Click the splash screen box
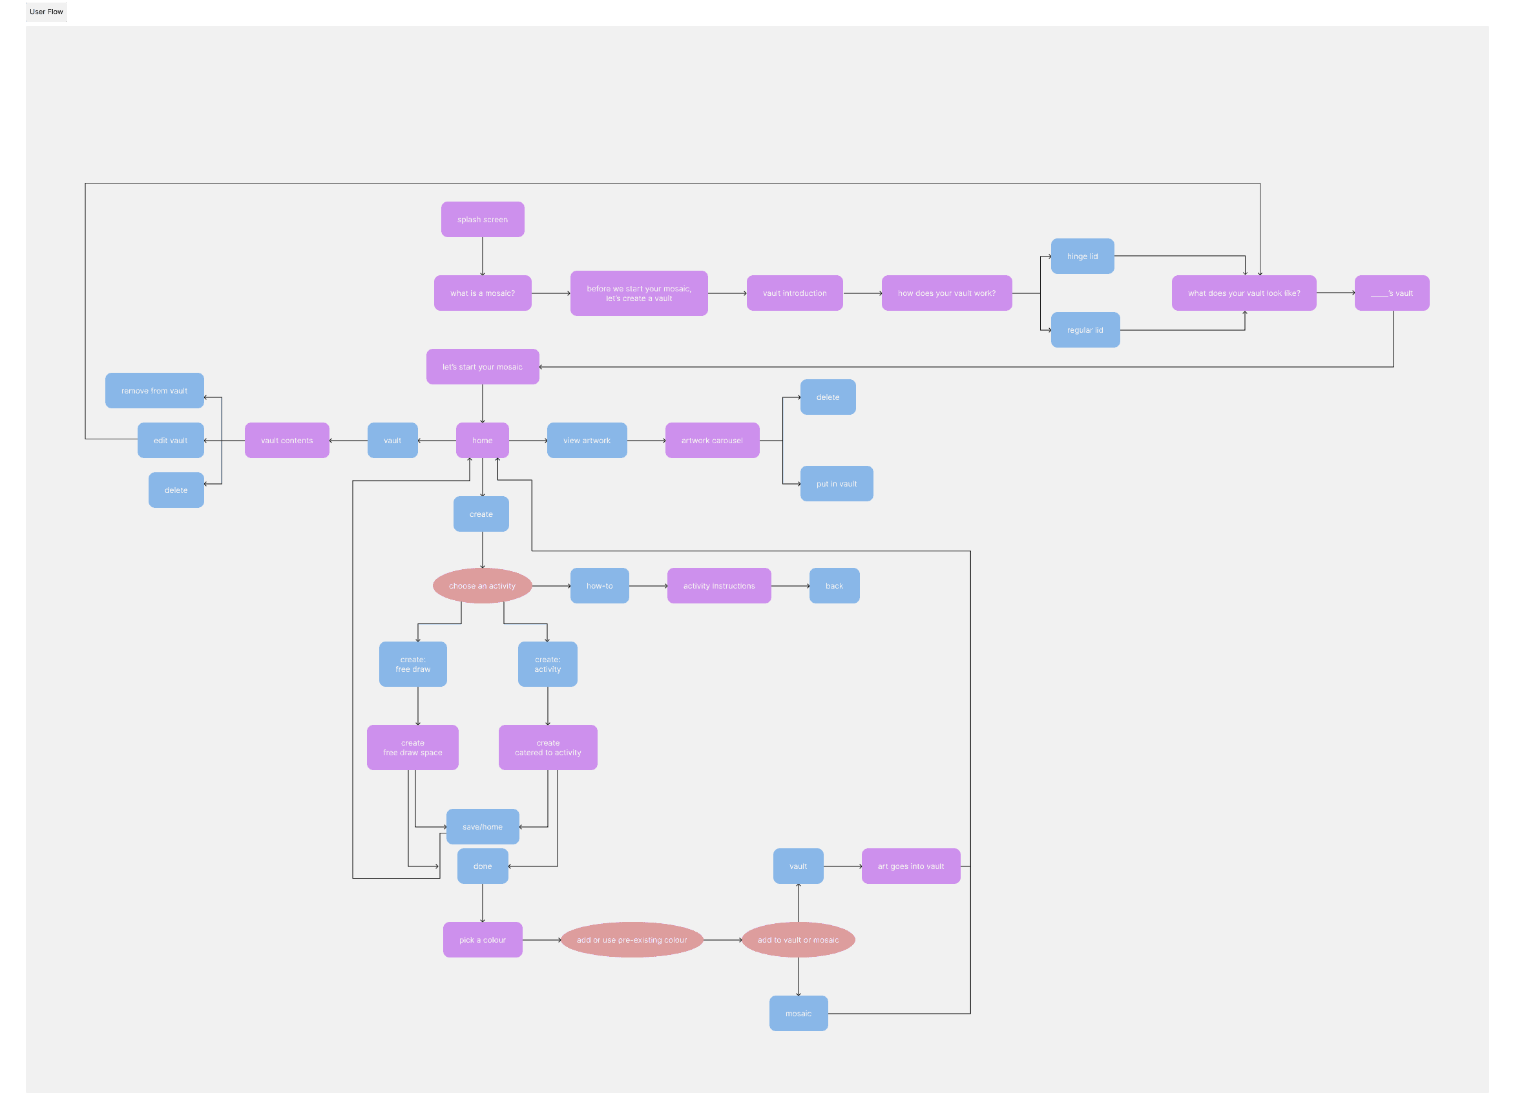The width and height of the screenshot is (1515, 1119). tap(482, 220)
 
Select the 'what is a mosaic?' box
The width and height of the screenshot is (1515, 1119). tap(482, 293)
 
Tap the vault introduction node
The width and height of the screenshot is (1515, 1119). tap(795, 293)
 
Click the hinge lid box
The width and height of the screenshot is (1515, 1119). tap(1082, 256)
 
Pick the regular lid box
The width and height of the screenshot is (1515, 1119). tap(1085, 330)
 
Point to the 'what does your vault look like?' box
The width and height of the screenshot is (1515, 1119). tap(1244, 293)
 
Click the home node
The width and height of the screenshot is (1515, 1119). tap(482, 440)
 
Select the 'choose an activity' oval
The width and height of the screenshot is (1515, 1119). tap(482, 586)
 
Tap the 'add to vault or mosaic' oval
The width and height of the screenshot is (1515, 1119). tap(798, 939)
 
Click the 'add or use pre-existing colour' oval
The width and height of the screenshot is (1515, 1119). tap(632, 939)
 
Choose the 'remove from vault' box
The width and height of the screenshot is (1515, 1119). tap(154, 391)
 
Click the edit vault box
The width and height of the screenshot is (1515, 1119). tap(171, 440)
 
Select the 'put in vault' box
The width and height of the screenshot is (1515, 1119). tap(837, 484)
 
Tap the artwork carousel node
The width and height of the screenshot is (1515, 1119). tap(712, 440)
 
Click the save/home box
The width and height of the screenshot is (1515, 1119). tap(482, 826)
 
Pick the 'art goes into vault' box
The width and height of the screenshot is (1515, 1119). tap(911, 866)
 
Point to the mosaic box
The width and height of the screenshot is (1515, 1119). tap(799, 1013)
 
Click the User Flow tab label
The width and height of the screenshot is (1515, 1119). tap(46, 12)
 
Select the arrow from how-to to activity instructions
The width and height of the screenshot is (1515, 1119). tap(648, 586)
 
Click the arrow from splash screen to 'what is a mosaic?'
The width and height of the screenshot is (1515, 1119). tap(482, 256)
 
